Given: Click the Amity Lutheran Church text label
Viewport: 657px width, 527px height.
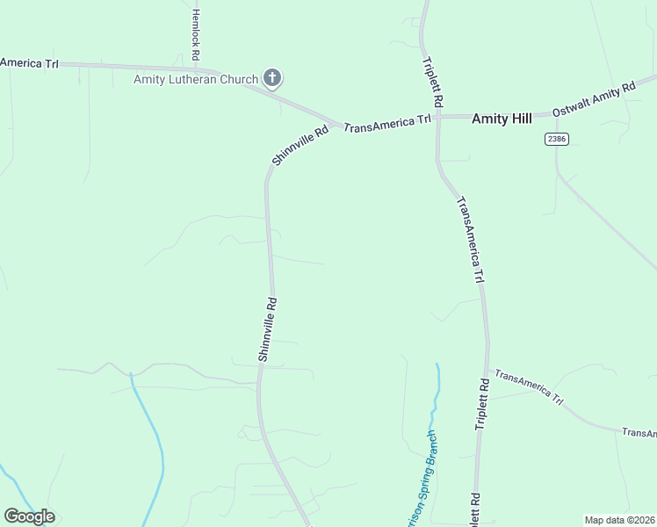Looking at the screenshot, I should (x=196, y=79).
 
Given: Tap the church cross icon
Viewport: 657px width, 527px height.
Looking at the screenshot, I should (x=272, y=79).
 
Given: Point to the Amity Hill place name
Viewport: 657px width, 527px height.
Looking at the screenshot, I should (x=502, y=119).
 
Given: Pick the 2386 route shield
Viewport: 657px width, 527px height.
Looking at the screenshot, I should (x=556, y=139).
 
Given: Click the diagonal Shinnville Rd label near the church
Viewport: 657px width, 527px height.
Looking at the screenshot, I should (x=300, y=145).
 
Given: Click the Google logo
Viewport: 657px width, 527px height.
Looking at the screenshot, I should (x=29, y=516).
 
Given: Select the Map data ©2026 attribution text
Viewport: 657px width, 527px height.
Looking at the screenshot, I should (x=619, y=520).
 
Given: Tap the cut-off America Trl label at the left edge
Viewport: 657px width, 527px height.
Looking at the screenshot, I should (x=28, y=62).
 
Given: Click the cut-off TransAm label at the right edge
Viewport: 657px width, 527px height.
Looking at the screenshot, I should (x=639, y=433).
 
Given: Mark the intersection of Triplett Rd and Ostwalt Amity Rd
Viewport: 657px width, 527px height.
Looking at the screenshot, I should (x=437, y=116).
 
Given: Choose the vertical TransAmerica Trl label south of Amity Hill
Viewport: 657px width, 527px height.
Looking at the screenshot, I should (x=471, y=239).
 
